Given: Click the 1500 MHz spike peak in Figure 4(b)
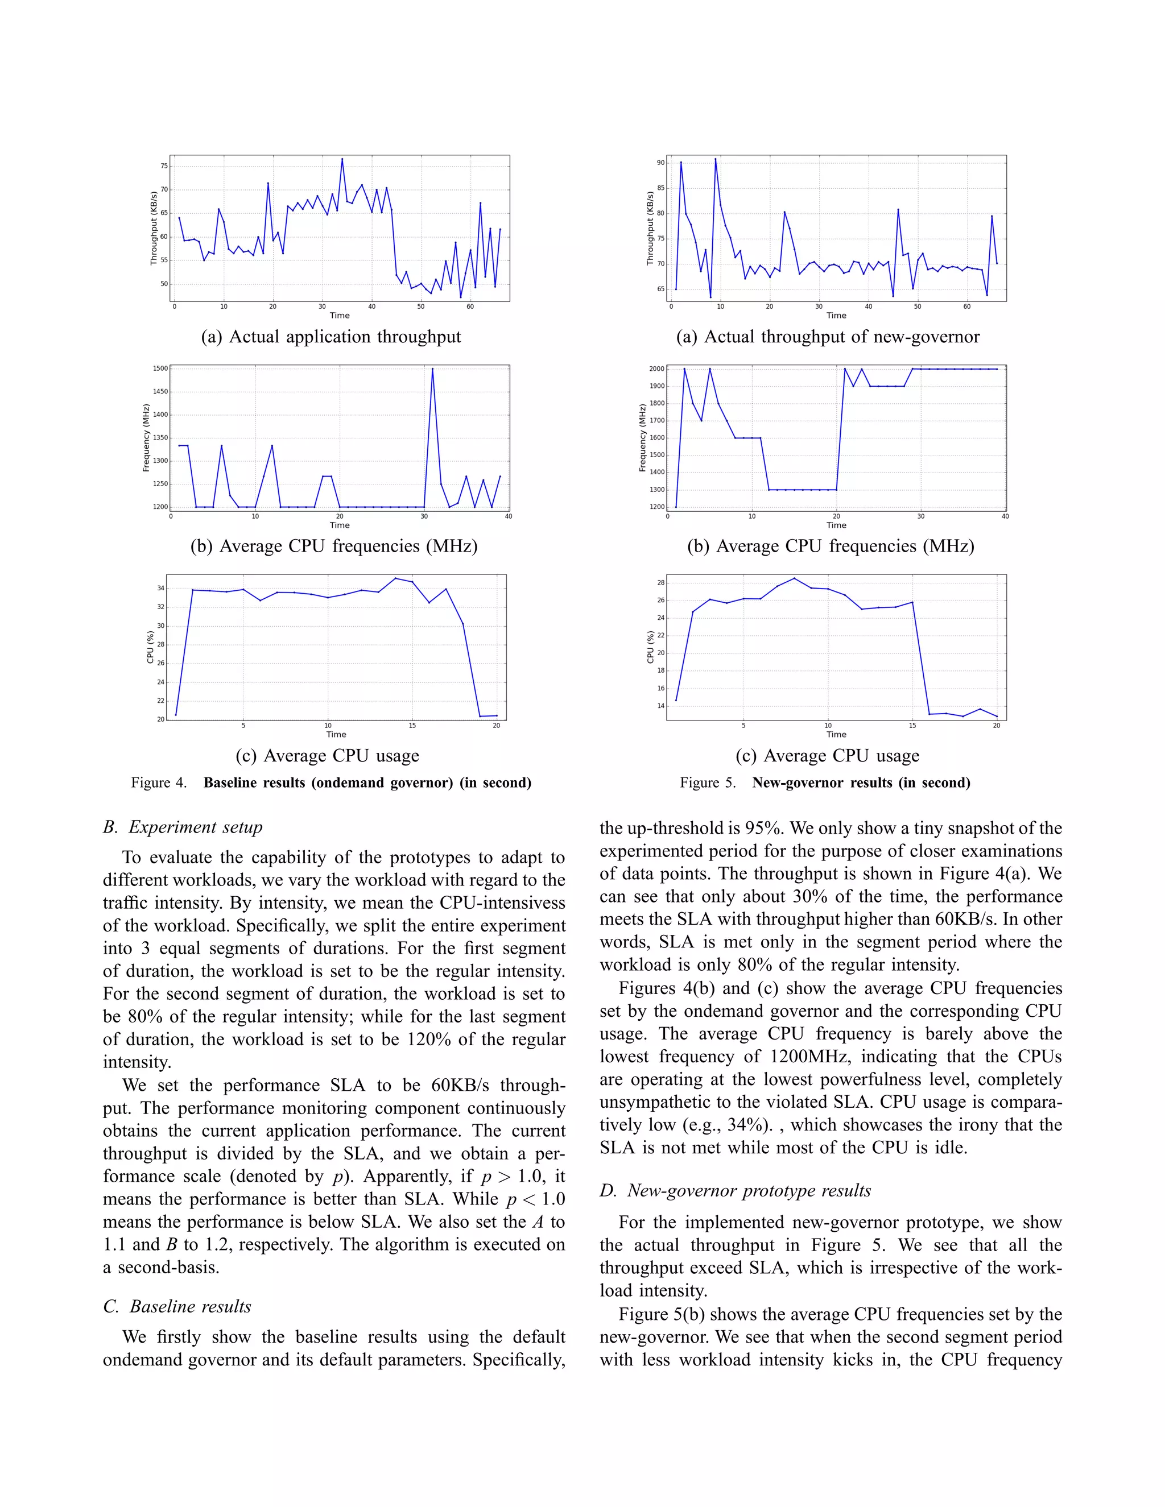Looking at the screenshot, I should pos(433,369).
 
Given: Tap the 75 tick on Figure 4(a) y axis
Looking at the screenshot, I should pos(164,165).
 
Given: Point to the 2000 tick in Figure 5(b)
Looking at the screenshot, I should pos(656,369).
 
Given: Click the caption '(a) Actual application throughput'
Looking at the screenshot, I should pos(331,337).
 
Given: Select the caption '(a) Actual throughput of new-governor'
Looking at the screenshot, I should pos(828,337).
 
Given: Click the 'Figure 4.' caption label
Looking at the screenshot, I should pos(159,783).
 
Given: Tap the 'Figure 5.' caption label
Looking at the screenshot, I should pos(708,783).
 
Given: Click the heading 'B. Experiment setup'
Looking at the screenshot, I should pos(183,827).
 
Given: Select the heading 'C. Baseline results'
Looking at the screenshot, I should pos(177,1306).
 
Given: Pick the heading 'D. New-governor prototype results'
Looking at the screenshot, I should pos(735,1190).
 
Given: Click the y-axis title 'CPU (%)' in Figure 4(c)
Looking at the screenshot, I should pos(150,647).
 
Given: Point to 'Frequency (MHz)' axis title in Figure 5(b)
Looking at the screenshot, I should pos(643,437).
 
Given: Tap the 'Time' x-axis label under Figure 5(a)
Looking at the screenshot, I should pos(836,316).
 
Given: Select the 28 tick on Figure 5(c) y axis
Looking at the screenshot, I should pos(660,582).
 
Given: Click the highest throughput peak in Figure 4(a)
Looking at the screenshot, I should pos(342,159).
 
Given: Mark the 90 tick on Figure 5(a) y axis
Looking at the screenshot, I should pos(660,163).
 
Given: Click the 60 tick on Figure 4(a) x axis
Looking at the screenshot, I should pos(470,307).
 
